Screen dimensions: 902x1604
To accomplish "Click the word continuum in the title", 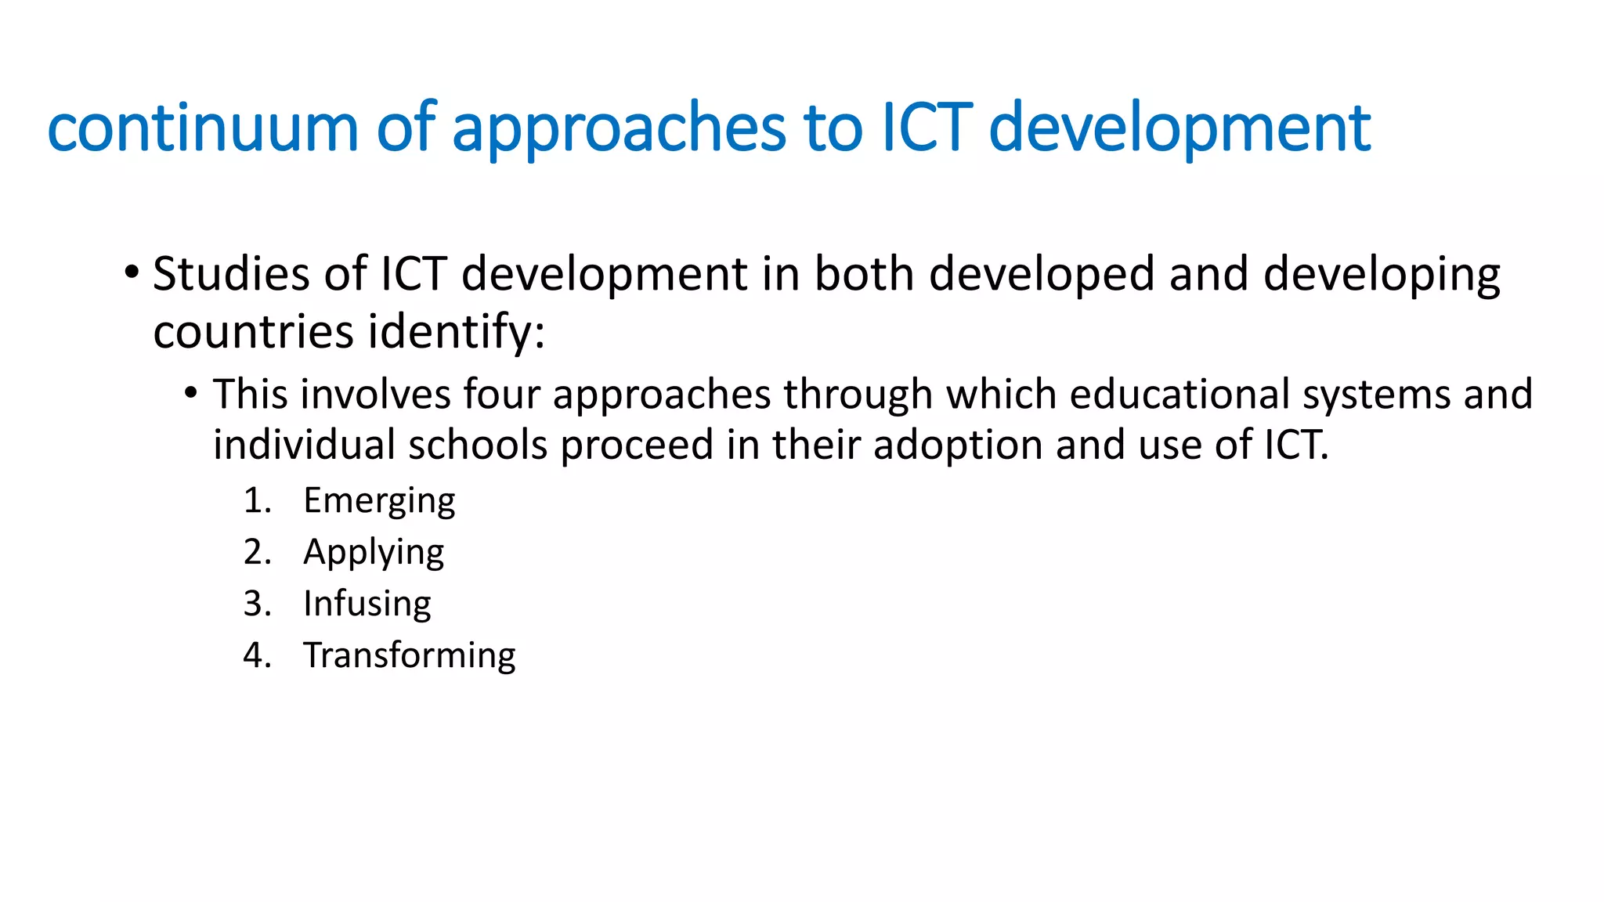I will click(x=202, y=128).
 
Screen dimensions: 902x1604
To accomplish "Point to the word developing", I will click(x=1382, y=276).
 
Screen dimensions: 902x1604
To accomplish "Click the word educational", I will click(x=1180, y=394).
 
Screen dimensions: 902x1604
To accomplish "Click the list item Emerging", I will click(x=379, y=501).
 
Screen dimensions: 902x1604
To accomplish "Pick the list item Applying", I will click(x=374, y=553).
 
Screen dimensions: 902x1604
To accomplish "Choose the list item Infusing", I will click(x=367, y=604).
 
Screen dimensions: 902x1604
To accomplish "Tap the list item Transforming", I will click(x=410, y=655).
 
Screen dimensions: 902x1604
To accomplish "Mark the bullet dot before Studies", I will click(x=131, y=273).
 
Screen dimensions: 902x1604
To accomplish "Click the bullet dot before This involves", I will click(x=190, y=392).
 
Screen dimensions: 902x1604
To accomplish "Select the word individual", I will click(x=303, y=445).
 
